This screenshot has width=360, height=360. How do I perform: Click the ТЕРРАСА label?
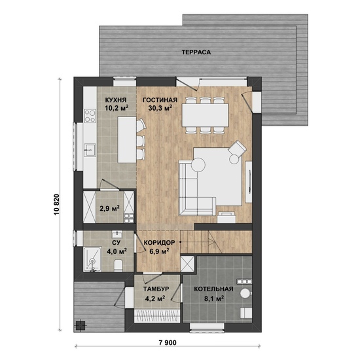196,52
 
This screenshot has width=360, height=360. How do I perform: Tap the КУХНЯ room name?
116,100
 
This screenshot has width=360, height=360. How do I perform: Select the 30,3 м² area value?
160,108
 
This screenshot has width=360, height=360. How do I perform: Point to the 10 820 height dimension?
57,205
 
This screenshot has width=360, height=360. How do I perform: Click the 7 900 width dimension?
168,343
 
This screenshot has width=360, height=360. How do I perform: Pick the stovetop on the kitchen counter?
90,116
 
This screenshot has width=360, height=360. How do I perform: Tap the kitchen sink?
90,150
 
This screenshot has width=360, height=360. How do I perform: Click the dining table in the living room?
206,115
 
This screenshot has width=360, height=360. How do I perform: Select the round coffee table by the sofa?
198,164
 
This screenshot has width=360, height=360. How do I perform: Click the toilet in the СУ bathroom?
118,265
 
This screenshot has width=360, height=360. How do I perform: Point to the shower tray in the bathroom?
92,259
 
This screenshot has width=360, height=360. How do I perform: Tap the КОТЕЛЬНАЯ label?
213,289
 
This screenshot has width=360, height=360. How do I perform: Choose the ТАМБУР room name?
156,289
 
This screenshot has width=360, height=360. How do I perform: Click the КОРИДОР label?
159,242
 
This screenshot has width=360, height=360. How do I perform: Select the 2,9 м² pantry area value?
109,208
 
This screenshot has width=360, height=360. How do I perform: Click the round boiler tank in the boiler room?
245,293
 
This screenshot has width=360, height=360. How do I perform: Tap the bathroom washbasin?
117,234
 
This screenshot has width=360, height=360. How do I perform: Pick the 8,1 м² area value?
214,298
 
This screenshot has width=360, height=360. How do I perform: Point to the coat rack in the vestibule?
156,316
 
